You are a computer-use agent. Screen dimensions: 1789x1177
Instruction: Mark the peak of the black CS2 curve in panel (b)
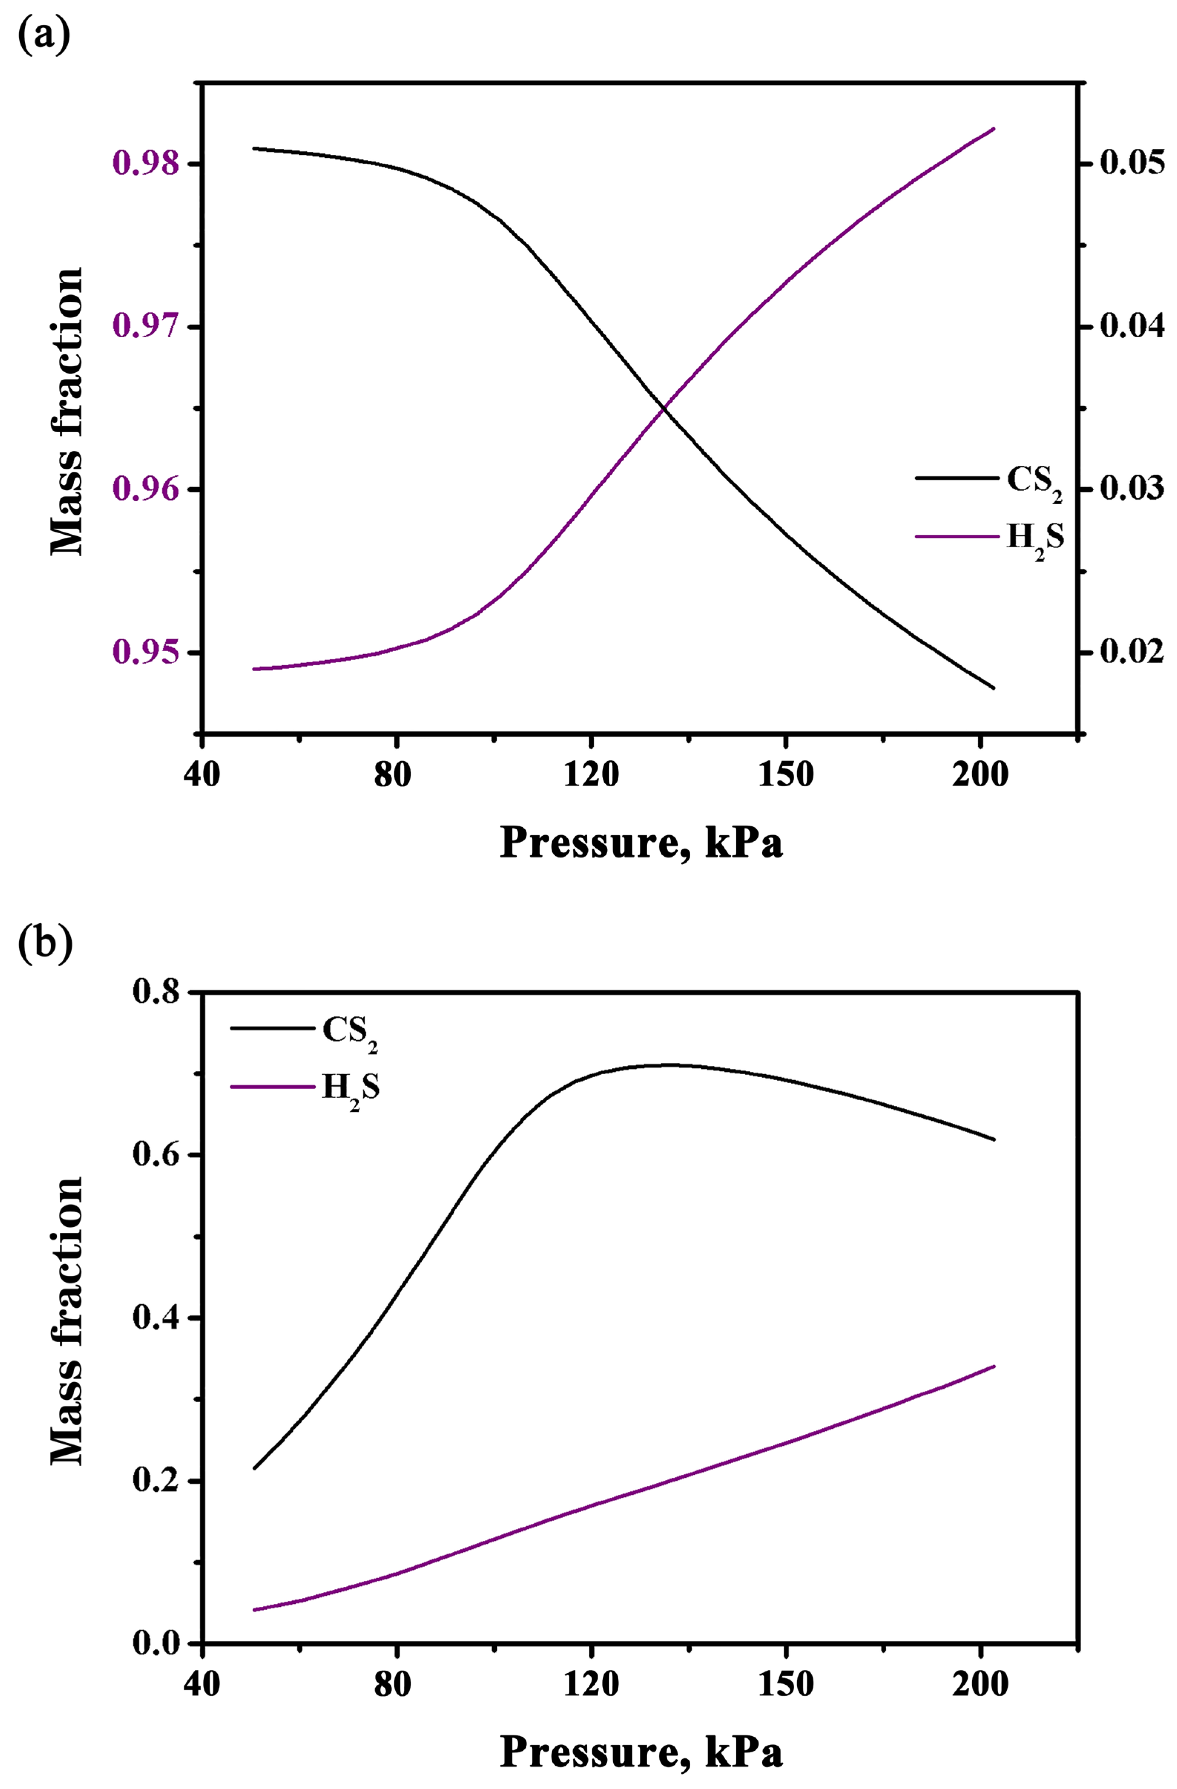coord(669,1064)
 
